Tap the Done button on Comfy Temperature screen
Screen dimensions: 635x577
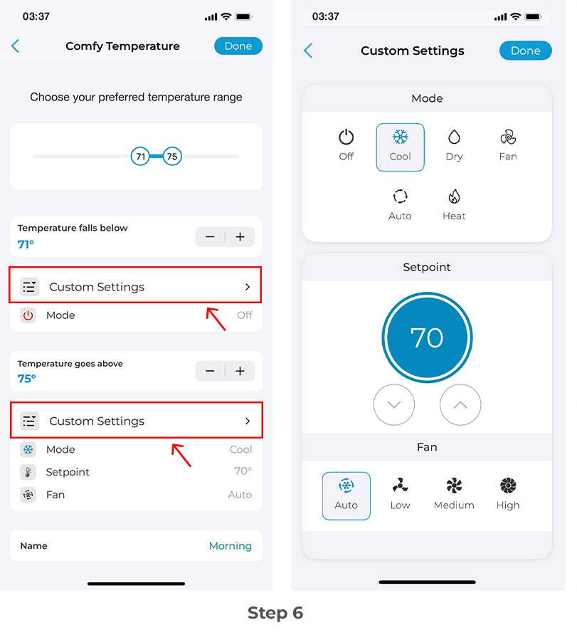[238, 46]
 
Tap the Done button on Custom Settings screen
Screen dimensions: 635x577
[525, 51]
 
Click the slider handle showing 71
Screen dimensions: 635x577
[141, 157]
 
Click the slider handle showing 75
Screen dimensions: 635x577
[172, 157]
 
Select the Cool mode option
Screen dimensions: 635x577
[400, 147]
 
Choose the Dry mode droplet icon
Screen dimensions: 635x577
[454, 137]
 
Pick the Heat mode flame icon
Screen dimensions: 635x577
[454, 197]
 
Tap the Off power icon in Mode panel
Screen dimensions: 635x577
[346, 137]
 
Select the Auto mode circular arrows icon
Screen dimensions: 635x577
[400, 197]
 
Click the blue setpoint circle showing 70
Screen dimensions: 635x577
[427, 337]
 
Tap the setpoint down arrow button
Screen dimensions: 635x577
[394, 404]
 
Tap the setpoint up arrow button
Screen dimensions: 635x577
[460, 404]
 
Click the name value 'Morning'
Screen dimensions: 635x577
[230, 546]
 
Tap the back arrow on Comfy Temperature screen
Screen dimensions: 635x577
[16, 46]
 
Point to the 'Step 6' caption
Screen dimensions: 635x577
[275, 613]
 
